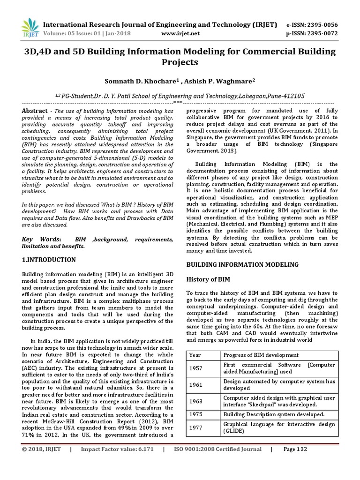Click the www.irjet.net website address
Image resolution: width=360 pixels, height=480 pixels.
coord(180,34)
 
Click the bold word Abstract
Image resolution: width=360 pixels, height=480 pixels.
coord(35,110)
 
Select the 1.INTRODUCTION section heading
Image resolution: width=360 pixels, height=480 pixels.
coord(49,259)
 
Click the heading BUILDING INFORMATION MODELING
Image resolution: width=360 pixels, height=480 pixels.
coord(242,265)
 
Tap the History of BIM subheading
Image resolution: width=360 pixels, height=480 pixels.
coord(208,279)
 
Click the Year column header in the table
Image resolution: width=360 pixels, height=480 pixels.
coord(195,355)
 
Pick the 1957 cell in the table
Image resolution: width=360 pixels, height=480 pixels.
coord(196,368)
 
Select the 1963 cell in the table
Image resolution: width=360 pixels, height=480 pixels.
coord(196,401)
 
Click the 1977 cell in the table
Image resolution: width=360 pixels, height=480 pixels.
coord(196,427)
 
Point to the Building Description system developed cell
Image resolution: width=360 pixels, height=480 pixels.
coord(274,414)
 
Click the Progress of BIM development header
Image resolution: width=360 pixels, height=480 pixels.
coord(261,355)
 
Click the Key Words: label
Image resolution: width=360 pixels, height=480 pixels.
coord(42,240)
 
